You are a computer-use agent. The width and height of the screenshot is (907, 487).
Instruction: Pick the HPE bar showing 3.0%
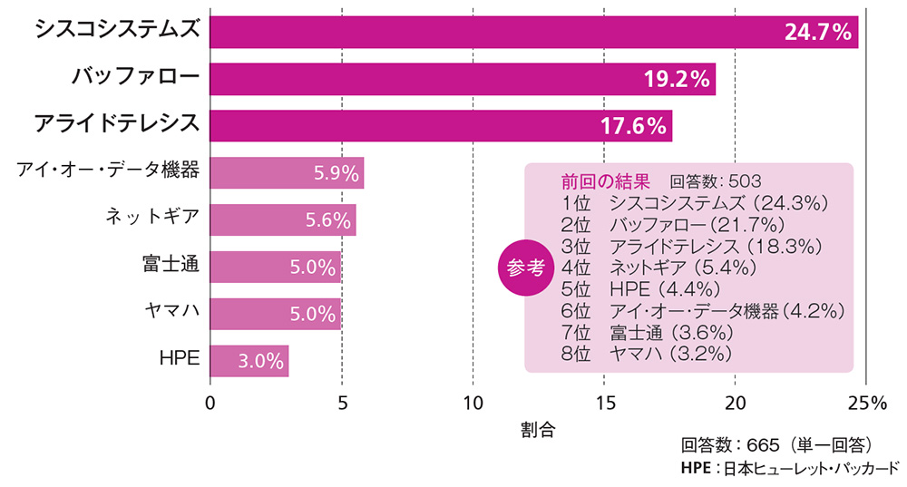pos(249,360)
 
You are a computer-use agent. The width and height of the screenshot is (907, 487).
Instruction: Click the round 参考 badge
pos(526,268)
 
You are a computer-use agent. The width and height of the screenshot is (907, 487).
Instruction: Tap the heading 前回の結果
pos(605,180)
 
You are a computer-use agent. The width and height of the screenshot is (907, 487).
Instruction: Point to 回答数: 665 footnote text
pos(776,445)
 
